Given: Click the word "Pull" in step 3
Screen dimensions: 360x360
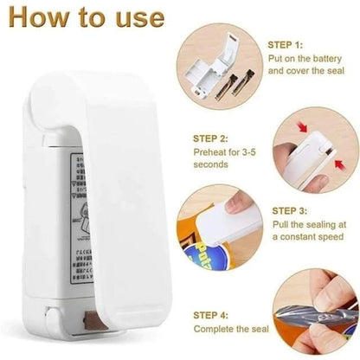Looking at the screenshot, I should coord(283,225).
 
